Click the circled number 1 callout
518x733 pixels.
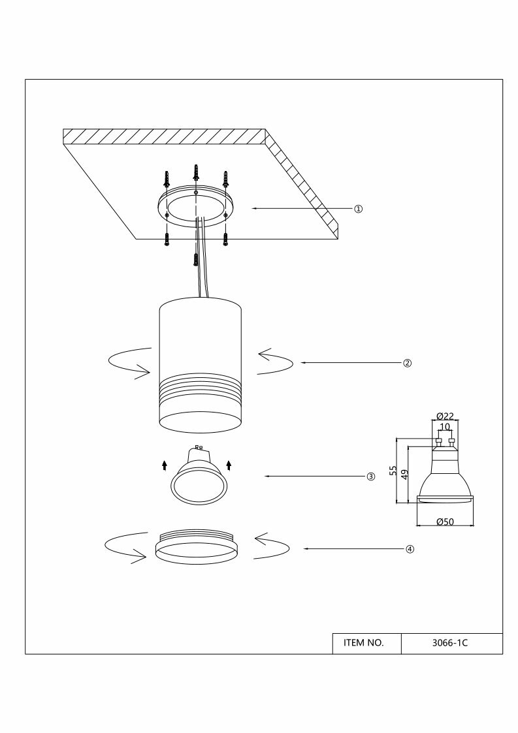coord(358,209)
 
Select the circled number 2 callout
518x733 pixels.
coord(406,363)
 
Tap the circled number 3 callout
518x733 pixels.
coord(370,476)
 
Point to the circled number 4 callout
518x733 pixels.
coord(410,549)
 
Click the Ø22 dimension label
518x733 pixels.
coord(444,416)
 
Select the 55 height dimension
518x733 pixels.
coord(393,471)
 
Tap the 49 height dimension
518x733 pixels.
coord(404,475)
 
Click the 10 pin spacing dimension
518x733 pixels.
coord(445,427)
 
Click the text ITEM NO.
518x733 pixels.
coord(363,642)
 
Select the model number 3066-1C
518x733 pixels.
coord(451,642)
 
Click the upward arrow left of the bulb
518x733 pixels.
coord(164,465)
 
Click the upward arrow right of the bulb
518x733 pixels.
coord(229,465)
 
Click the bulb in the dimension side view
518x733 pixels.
coord(445,480)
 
